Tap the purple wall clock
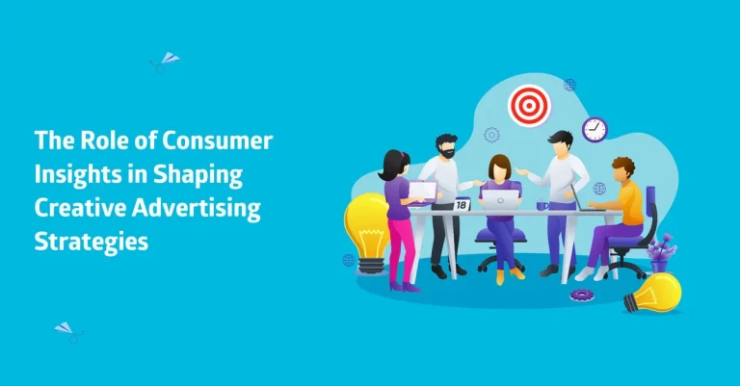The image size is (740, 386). [x=595, y=129]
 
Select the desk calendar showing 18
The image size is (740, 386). [x=462, y=205]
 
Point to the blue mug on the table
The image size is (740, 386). [x=543, y=204]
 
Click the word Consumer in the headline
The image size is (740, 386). [x=222, y=141]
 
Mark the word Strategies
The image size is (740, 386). [x=92, y=242]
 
